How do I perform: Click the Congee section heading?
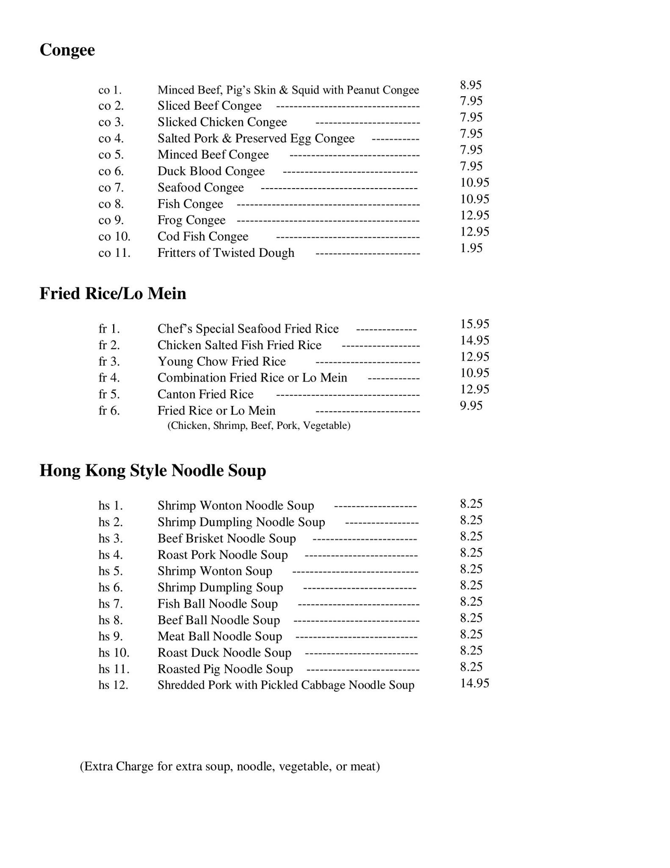pos(67,50)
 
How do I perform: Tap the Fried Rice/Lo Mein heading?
pos(113,294)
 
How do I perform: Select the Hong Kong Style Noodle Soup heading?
pos(152,471)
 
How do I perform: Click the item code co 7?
pos(111,188)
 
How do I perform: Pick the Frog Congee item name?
pos(191,220)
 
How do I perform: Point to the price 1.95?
pos(471,248)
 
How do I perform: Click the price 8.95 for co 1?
pos(471,85)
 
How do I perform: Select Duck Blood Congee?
pos(211,171)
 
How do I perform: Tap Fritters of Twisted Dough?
pos(226,253)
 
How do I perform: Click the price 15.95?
pos(475,324)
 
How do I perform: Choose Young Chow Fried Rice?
pos(221,362)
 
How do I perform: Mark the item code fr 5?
pos(109,395)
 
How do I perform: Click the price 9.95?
pos(471,406)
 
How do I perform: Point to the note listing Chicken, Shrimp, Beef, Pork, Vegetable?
pos(259,426)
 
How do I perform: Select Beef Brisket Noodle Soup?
pos(227,539)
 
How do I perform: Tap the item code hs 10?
pos(114,653)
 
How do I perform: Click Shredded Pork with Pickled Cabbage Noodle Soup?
pos(286,685)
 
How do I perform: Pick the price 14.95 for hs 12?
pos(475,683)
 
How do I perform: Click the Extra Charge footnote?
pos(230,766)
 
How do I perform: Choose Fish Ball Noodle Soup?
pos(218,604)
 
